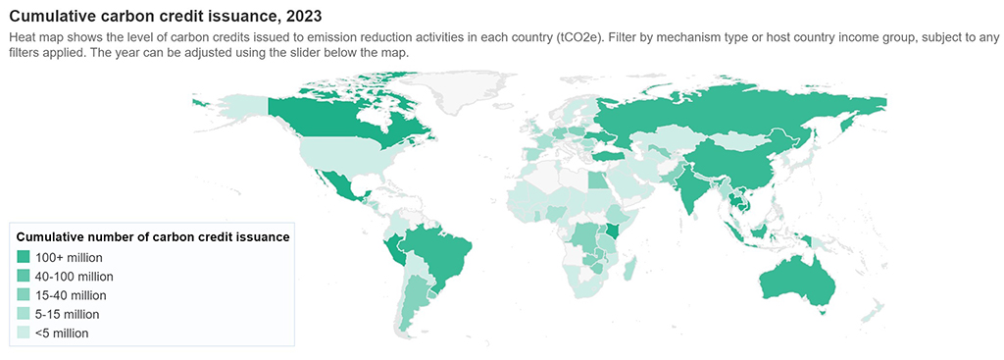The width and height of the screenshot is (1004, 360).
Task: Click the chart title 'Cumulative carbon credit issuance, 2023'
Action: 165,17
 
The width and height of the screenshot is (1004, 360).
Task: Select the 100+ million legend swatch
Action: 24,257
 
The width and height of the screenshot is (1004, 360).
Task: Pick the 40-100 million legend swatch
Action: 24,276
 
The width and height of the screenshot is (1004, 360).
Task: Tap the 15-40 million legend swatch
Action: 24,295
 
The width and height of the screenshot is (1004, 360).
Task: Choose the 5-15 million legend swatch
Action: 24,314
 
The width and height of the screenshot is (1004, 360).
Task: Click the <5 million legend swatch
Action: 24,333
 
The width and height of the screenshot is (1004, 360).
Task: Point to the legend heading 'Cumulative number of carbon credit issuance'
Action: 152,236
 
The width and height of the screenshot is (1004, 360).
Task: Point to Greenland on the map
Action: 461,93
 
